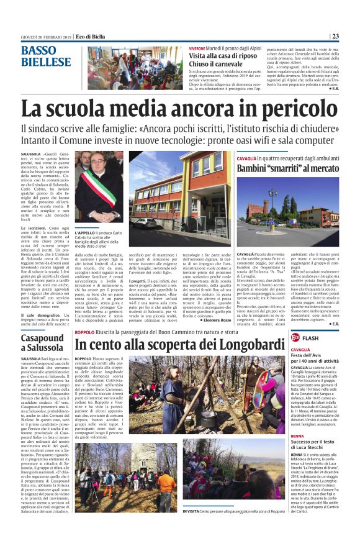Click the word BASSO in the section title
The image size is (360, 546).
(x=39, y=51)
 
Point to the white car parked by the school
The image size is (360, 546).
(x=145, y=221)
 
